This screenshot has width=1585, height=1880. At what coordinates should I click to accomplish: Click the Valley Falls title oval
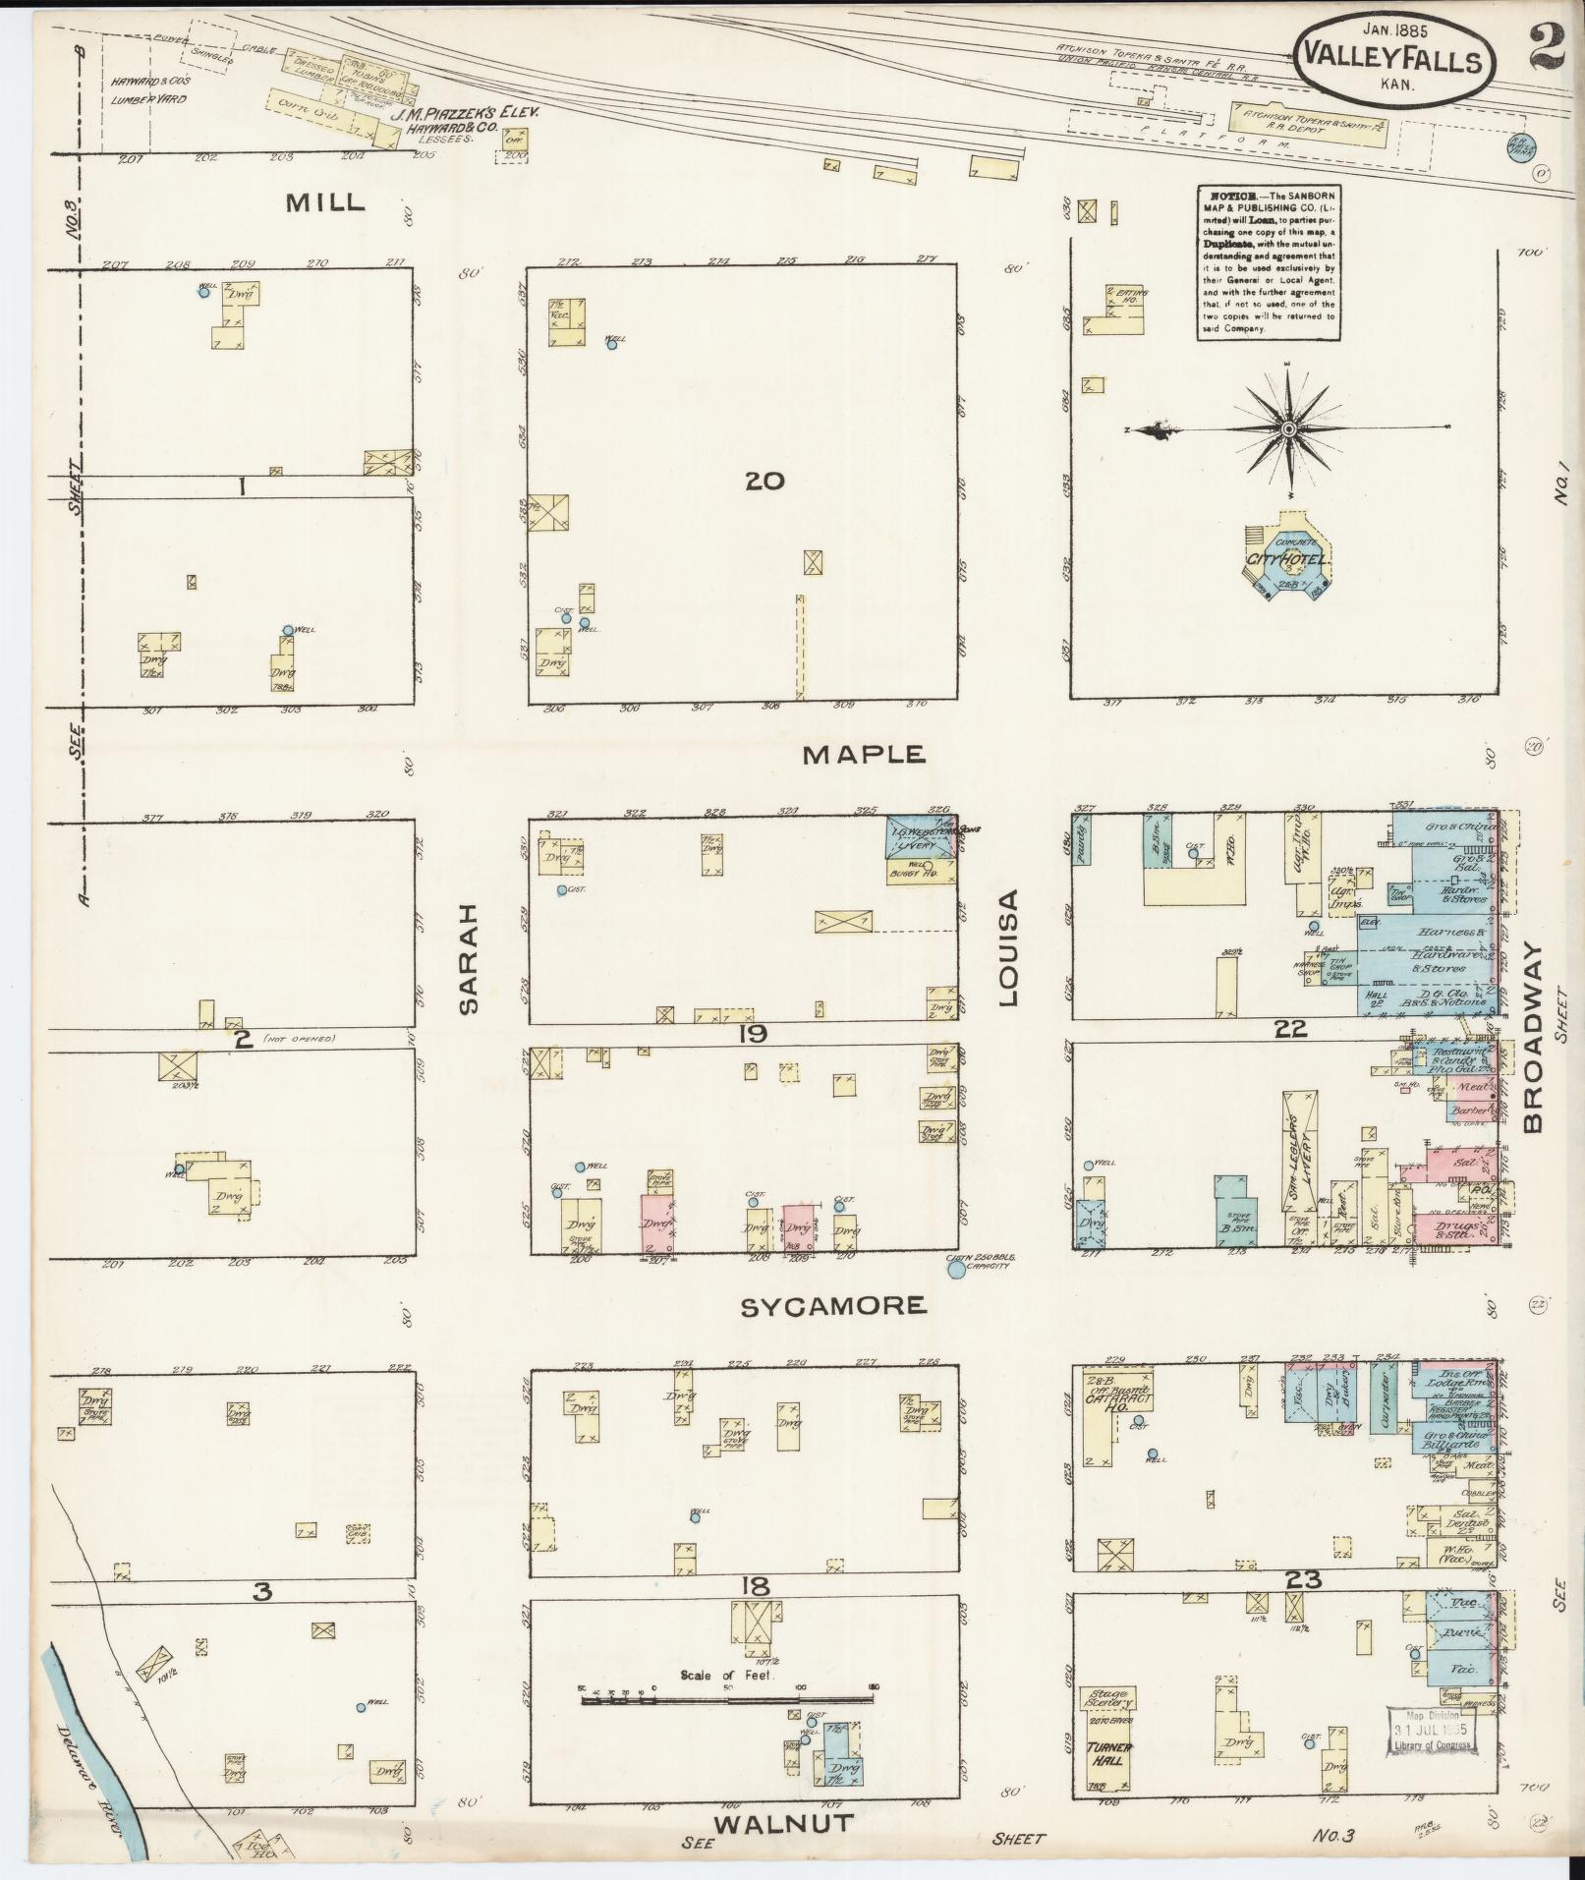click(1393, 59)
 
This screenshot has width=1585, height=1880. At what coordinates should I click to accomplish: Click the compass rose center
click(1288, 428)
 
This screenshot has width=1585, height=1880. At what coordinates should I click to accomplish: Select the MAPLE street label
click(864, 754)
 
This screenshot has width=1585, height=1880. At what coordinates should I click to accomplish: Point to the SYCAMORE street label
click(832, 1305)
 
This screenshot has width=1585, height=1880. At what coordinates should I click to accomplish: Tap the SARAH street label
click(468, 958)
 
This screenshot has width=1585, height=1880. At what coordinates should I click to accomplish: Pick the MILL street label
click(325, 203)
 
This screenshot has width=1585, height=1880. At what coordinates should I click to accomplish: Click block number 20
click(764, 481)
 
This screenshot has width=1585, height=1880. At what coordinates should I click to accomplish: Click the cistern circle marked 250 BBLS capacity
click(955, 1271)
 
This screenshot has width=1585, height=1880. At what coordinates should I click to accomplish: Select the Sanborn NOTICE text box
click(1269, 262)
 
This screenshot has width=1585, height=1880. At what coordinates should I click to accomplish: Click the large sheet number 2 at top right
click(1550, 44)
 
